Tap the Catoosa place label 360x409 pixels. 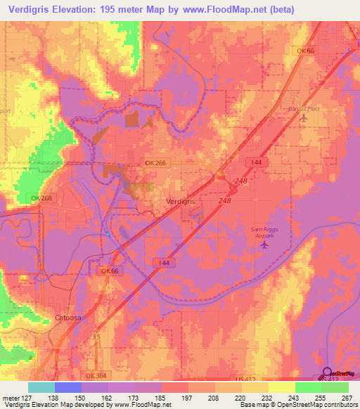pos(68,318)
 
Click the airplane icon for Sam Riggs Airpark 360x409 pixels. pos(264,245)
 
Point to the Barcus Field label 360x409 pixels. pos(304,109)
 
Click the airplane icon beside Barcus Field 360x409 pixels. pos(304,118)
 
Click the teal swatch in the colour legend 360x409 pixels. pos(41,387)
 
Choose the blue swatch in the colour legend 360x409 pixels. pos(67,387)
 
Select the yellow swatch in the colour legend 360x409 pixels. pos(281,387)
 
